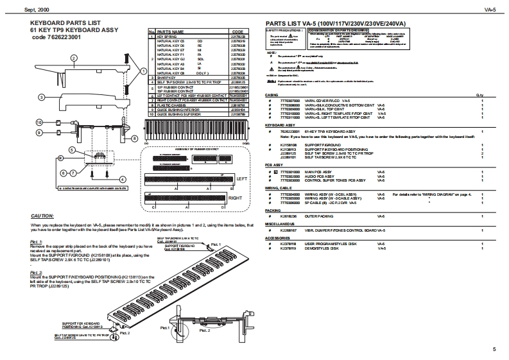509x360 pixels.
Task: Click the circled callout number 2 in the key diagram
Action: pos(74,58)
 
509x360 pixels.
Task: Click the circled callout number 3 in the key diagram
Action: pos(42,97)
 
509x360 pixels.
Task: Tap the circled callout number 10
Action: pos(39,122)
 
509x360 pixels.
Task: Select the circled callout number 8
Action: pos(134,138)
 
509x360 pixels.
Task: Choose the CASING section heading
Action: pos(272,95)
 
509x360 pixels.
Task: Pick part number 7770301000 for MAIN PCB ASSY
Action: pos(293,172)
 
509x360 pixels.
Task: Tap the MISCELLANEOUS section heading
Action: pos(280,224)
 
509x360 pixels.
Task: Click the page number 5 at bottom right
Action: pos(494,349)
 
